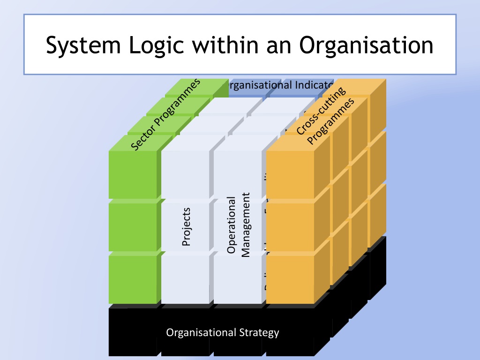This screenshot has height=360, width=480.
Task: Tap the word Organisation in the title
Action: coord(366,45)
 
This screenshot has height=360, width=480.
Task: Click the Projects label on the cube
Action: coord(186,227)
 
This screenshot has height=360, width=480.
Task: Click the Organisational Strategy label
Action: coord(223,333)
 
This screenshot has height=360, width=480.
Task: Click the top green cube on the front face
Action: coord(133,174)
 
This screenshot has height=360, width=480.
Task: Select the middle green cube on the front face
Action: coord(133,227)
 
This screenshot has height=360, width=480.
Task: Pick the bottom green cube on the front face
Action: coord(133,279)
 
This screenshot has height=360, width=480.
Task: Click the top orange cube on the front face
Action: coord(290,174)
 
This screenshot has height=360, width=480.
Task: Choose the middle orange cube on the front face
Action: coord(290,227)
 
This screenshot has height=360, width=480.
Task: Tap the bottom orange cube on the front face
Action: coord(290,279)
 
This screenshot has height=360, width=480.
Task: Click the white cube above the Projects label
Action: coord(185,174)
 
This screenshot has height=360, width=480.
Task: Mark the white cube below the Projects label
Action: coord(185,279)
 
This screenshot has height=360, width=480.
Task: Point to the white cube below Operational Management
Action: coord(238,279)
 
